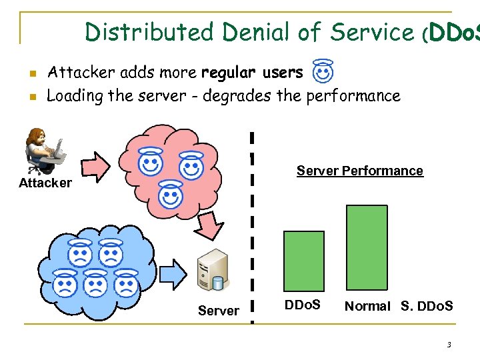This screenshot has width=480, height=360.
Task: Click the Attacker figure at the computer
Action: pos(45,151)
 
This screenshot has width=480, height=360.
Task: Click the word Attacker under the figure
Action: pos(45,183)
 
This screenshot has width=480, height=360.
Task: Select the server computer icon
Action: pos(213,271)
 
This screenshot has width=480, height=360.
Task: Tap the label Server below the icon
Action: pos(219,311)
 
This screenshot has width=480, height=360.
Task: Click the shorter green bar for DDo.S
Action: pos(304,261)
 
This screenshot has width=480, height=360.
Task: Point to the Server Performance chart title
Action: pos(359,171)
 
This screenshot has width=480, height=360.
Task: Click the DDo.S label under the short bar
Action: pos(303,305)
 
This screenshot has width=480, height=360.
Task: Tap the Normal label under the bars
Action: pos(367,306)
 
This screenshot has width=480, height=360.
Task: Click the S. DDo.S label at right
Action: pos(427,306)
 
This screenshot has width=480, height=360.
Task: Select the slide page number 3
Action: pos(449,345)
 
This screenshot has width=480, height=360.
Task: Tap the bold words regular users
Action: pos(252,72)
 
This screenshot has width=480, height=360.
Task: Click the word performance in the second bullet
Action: pos(353,96)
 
